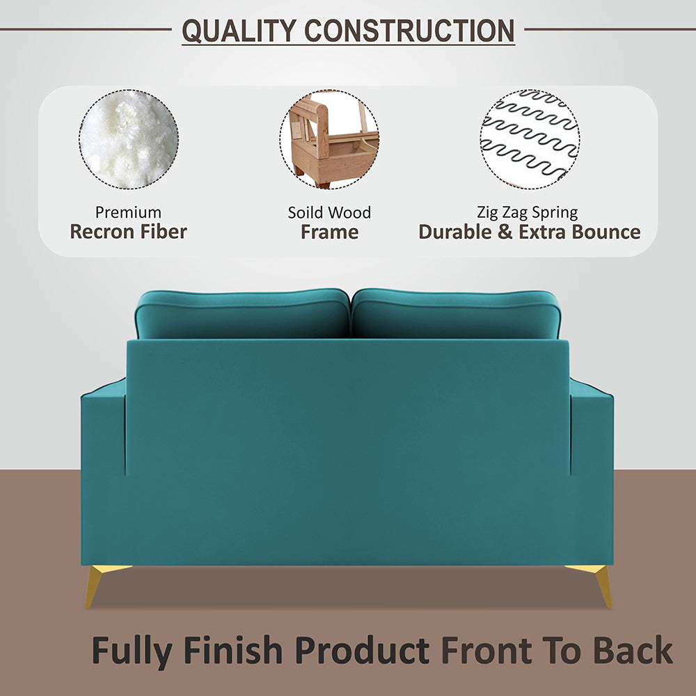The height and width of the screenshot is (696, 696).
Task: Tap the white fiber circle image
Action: pyautogui.click(x=128, y=139)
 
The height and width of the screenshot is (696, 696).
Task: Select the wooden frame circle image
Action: pyautogui.click(x=329, y=139)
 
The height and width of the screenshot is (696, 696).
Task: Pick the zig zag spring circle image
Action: pyautogui.click(x=529, y=139)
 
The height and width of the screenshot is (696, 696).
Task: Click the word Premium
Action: pyautogui.click(x=128, y=212)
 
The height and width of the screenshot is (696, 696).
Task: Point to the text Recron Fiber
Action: pyautogui.click(x=128, y=232)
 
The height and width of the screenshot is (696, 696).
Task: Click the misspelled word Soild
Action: pyautogui.click(x=306, y=212)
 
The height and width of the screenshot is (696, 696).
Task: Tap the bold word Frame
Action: pyautogui.click(x=329, y=232)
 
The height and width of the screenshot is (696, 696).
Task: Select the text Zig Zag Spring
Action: pyautogui.click(x=528, y=212)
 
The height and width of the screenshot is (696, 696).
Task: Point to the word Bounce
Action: pyautogui.click(x=605, y=232)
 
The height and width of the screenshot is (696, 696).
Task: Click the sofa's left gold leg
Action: pyautogui.click(x=97, y=583)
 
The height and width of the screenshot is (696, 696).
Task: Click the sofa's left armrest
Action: pyautogui.click(x=102, y=432)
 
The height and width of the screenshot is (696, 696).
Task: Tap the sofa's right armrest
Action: pyautogui.click(x=592, y=432)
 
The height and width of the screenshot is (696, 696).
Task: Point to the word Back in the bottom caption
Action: pyautogui.click(x=633, y=651)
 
